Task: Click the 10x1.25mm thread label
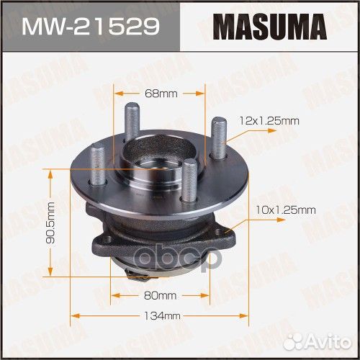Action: (x=286, y=210)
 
